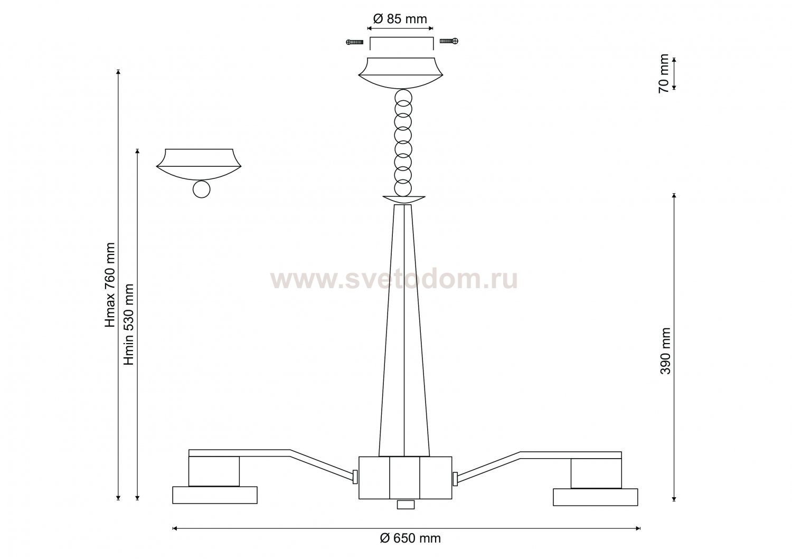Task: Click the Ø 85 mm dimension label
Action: pos(400,19)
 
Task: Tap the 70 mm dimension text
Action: pos(664,73)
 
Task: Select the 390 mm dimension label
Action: pos(665,351)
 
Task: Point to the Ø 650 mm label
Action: pos(410,538)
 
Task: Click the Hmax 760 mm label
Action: pos(110,284)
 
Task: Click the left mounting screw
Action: pos(355,42)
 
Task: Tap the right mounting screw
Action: pos(449,41)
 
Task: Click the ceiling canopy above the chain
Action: pos(401,73)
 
